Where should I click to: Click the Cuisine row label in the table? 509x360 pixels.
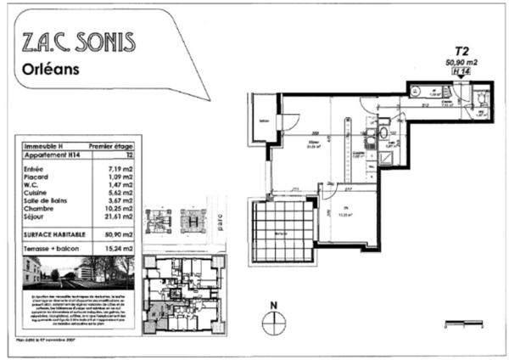(37, 193)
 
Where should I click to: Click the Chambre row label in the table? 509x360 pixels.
(39, 215)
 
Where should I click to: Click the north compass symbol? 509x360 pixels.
(273, 321)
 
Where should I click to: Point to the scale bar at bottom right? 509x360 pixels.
(462, 323)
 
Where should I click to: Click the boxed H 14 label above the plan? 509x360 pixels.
(461, 72)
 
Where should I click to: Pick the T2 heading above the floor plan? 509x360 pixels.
(462, 51)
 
